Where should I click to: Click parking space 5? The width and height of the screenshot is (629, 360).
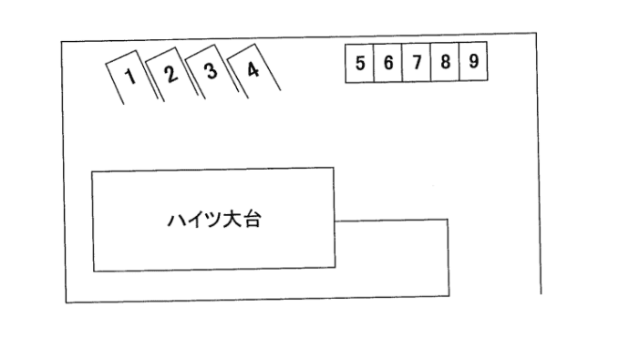coord(360,64)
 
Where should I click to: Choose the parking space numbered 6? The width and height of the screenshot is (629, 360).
coord(387,64)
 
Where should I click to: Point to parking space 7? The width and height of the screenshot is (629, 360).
coord(416,64)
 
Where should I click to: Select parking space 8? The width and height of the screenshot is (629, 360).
coord(445,64)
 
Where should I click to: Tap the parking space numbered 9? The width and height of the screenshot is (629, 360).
coord(473,64)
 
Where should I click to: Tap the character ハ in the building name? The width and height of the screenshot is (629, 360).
coord(174,220)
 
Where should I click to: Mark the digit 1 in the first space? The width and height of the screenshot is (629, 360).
coord(130,76)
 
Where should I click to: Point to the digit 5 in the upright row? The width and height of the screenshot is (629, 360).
coord(360,64)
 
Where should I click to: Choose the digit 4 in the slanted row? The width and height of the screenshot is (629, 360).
coord(253,69)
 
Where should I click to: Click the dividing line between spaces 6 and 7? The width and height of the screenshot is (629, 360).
coord(401,64)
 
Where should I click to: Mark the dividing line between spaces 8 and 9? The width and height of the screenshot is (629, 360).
coord(459,64)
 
